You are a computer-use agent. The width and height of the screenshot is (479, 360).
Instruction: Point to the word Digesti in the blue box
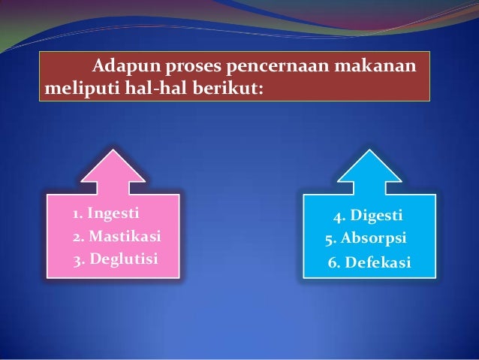tap(378, 216)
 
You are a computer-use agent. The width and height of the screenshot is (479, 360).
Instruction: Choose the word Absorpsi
tap(374, 239)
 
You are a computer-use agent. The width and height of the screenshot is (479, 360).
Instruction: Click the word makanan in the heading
tap(377, 68)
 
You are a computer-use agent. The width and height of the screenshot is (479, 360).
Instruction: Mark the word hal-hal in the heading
tap(147, 91)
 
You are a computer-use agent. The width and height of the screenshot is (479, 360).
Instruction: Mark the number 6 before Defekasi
tap(333, 264)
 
